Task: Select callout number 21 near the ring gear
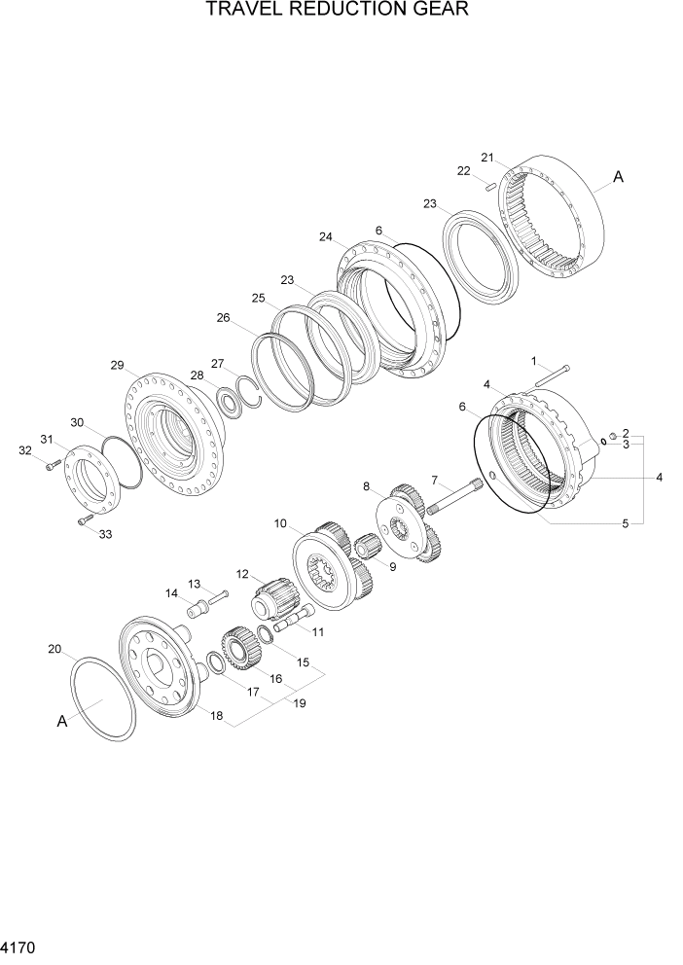pos(486,157)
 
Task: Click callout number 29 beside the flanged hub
pos(117,366)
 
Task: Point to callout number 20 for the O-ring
pos(54,649)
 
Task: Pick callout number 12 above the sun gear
pos(241,574)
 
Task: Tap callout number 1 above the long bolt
pos(534,361)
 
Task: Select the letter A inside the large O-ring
pos(62,721)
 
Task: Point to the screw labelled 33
pos(85,521)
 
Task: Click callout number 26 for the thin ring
pos(223,317)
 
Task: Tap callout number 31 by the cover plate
pos(45,439)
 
